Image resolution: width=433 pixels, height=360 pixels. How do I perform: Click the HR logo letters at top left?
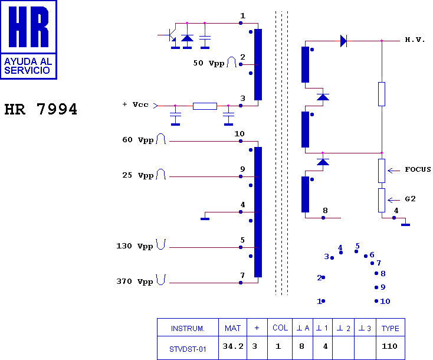tap(29, 27)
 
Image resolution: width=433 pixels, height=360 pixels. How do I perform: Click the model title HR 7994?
tap(41, 109)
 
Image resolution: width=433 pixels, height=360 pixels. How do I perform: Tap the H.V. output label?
tap(415, 40)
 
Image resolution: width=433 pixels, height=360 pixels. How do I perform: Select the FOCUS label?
tap(418, 169)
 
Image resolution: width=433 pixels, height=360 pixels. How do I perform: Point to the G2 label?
tap(410, 199)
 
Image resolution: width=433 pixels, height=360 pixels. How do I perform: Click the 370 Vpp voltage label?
tap(135, 282)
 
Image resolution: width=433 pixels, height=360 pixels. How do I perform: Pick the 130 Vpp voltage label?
tap(135, 246)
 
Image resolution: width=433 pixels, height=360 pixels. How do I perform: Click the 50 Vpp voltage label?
tap(208, 63)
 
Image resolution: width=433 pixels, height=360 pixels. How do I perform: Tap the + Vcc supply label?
tap(135, 104)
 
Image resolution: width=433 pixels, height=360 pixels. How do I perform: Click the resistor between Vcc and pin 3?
tap(205, 106)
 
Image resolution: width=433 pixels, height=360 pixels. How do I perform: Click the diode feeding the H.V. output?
tap(343, 41)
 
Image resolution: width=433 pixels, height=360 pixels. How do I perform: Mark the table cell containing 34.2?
tap(233, 346)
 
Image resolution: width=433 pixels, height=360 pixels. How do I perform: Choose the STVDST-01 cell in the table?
tap(188, 349)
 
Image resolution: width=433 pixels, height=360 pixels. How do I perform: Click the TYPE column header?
tap(390, 328)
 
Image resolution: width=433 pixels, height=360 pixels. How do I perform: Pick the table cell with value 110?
tap(390, 346)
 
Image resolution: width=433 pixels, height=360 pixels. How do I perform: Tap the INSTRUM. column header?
tap(188, 328)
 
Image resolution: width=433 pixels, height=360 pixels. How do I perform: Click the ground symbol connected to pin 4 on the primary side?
tap(205, 219)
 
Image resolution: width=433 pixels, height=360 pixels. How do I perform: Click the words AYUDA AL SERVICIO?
tap(28, 66)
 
